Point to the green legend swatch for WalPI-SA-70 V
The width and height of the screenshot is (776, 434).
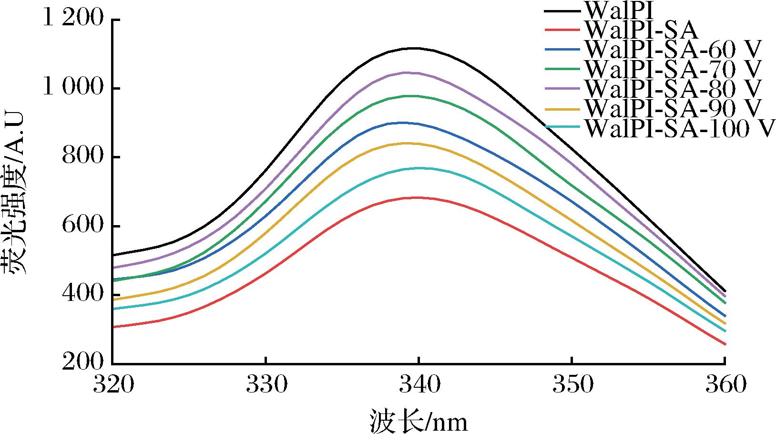(563, 69)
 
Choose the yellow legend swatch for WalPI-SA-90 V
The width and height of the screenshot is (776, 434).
(563, 109)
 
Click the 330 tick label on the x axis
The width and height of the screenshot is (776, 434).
(266, 384)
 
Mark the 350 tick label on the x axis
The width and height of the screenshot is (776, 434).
(572, 384)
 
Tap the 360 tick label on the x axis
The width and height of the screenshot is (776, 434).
(725, 384)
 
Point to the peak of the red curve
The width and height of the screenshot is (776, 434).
(418, 197)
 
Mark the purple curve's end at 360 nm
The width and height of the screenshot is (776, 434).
(725, 296)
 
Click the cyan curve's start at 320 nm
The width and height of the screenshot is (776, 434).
(114, 309)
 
